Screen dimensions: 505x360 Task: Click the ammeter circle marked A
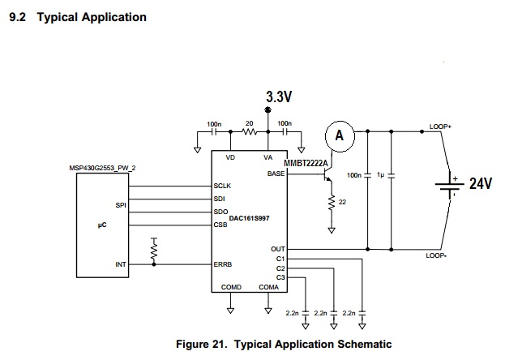pos(340,136)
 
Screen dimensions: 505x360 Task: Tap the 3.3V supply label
pos(279,96)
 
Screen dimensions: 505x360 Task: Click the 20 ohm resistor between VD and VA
pos(249,132)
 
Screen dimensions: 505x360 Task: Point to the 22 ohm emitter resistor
pos(332,203)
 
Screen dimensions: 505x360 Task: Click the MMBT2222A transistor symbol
pos(327,175)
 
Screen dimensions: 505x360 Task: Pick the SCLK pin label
pos(222,186)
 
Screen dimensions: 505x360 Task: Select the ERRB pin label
pos(223,264)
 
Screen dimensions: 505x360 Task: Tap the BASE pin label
pos(276,174)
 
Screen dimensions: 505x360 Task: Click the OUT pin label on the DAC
pos(278,249)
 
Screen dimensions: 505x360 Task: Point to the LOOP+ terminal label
pos(440,126)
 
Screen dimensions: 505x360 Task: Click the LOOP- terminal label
pos(436,255)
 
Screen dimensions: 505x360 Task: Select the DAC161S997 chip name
pos(249,218)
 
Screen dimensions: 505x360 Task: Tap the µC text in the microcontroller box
pos(102,225)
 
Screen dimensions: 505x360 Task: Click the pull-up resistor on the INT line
pos(154,250)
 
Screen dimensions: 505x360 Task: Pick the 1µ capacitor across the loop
pos(392,176)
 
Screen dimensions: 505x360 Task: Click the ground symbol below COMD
pos(230,311)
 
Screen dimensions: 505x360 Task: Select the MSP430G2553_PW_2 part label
pos(102,168)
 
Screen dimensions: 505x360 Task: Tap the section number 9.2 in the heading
pos(17,17)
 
